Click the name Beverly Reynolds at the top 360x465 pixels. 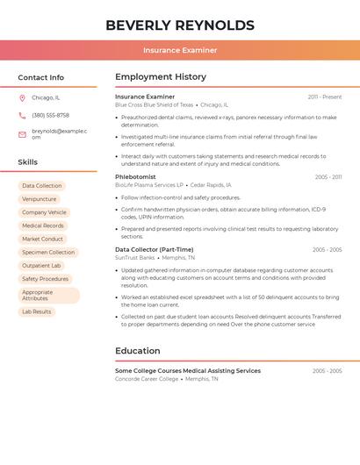point(180,25)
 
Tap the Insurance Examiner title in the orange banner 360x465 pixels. point(180,51)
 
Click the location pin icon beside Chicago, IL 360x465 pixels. point(22,97)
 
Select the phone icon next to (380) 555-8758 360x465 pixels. point(22,115)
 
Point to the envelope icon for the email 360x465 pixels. point(22,134)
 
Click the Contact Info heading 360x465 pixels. point(40,77)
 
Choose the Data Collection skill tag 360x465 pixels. point(42,186)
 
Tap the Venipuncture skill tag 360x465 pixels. point(40,199)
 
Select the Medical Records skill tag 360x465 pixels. point(43,225)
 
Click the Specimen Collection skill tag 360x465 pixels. point(48,252)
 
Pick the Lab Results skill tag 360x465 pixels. point(37,311)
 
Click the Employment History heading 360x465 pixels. point(161,77)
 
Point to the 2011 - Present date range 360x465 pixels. point(324,97)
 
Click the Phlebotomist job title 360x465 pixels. point(135,176)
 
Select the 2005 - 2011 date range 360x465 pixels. point(328,177)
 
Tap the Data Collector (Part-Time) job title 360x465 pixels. point(154,249)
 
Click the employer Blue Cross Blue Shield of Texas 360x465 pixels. point(154,104)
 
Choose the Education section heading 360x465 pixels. point(137,351)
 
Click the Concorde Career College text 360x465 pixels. point(147,379)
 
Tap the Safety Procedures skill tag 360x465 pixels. point(46,279)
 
